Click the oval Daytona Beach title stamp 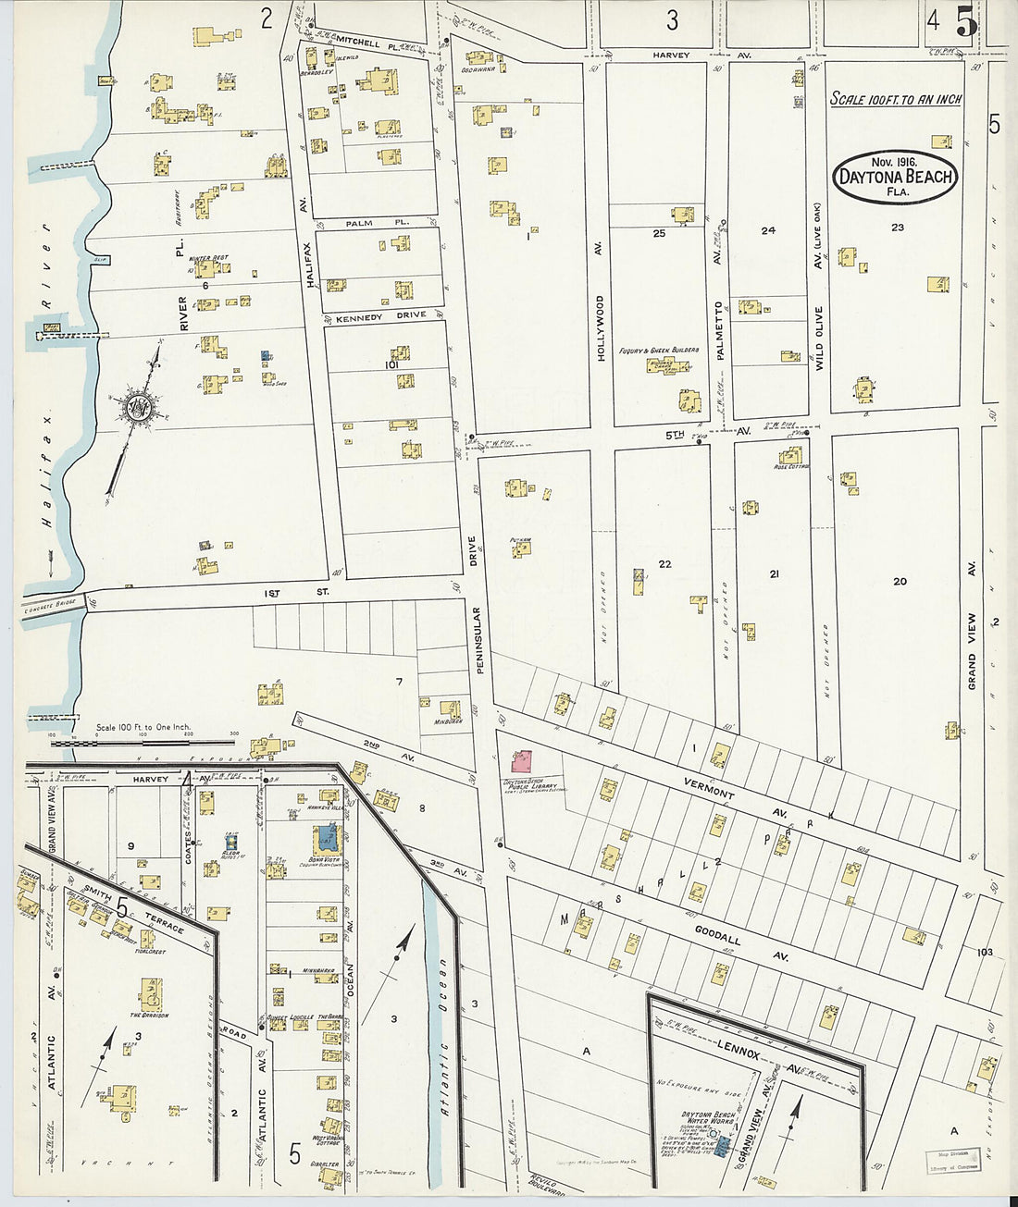895,176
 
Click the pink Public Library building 522,762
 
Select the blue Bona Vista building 327,840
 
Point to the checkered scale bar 143,742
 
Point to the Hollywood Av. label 599,327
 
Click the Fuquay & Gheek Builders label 665,351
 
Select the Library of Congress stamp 953,1160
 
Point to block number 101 391,364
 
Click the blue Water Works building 723,1147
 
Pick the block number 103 984,952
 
